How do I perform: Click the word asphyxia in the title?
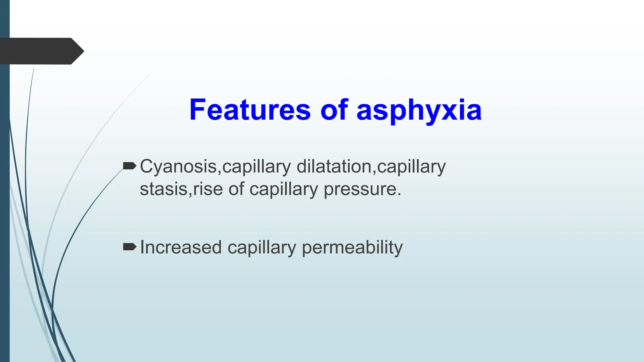[419, 111]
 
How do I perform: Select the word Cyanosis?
[178, 167]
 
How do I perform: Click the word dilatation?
[334, 166]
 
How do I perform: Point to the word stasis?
[164, 189]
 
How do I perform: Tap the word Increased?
[181, 247]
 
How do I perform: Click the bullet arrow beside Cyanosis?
[129, 166]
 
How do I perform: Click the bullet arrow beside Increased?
[129, 247]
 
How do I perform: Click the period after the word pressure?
[399, 194]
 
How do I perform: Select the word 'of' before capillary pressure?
[236, 189]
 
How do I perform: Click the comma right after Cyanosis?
[219, 172]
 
